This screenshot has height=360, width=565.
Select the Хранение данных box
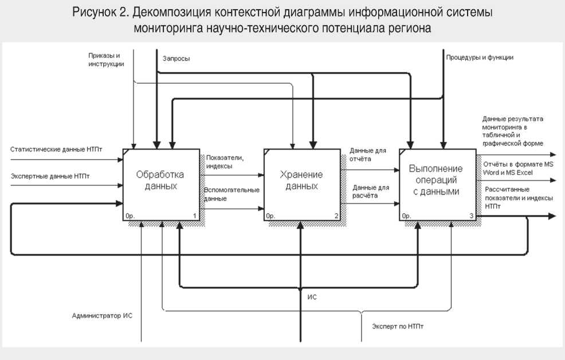(301, 180)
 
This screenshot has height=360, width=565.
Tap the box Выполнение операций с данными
(436, 180)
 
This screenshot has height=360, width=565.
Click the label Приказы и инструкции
(106, 60)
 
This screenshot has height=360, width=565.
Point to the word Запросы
(176, 59)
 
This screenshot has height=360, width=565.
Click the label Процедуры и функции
(480, 57)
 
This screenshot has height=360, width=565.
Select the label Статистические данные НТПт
(56, 150)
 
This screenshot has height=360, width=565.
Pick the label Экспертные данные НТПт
(50, 175)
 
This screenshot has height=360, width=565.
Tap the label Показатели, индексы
(219, 162)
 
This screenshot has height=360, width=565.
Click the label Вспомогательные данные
(232, 194)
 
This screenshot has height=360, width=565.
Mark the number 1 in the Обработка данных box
(195, 216)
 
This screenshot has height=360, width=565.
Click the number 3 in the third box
(471, 216)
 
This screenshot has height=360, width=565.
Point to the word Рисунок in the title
(94, 12)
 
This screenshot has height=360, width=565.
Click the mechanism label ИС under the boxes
(312, 298)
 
